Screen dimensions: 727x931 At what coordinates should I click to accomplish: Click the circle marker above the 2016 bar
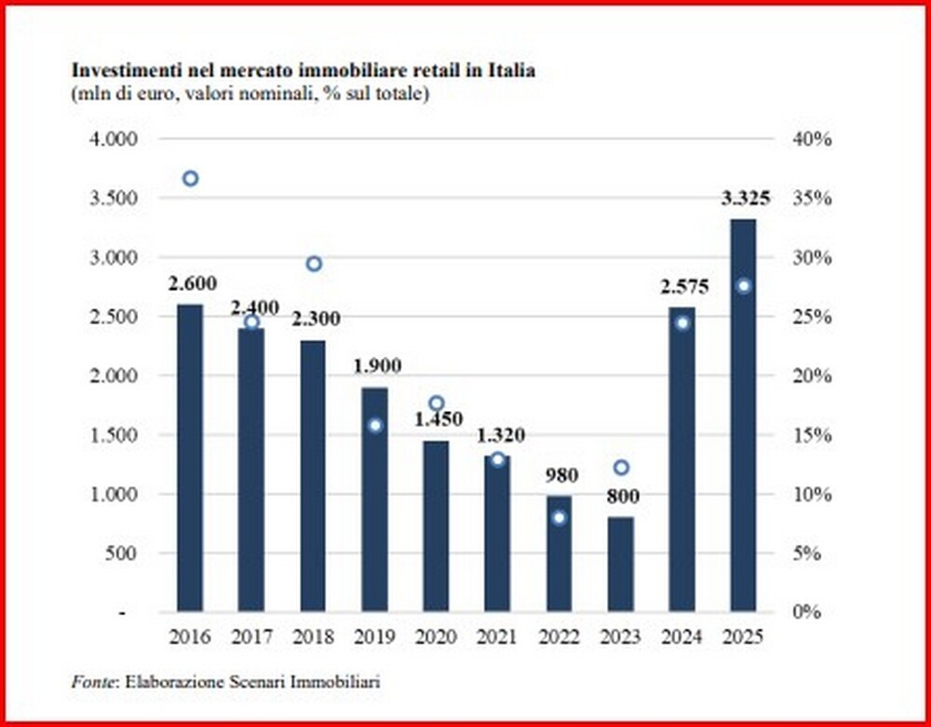click(190, 178)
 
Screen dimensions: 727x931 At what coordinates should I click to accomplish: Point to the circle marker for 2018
click(314, 264)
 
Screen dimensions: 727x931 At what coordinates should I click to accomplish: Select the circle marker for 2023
click(621, 467)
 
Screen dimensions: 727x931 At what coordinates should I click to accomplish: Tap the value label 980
click(560, 475)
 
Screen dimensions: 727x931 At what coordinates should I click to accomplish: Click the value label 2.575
click(683, 287)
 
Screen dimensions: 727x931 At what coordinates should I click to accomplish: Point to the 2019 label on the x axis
click(375, 638)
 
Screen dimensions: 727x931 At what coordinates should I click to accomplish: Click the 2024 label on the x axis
click(682, 638)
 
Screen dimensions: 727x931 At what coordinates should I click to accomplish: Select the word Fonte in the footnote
click(91, 682)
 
